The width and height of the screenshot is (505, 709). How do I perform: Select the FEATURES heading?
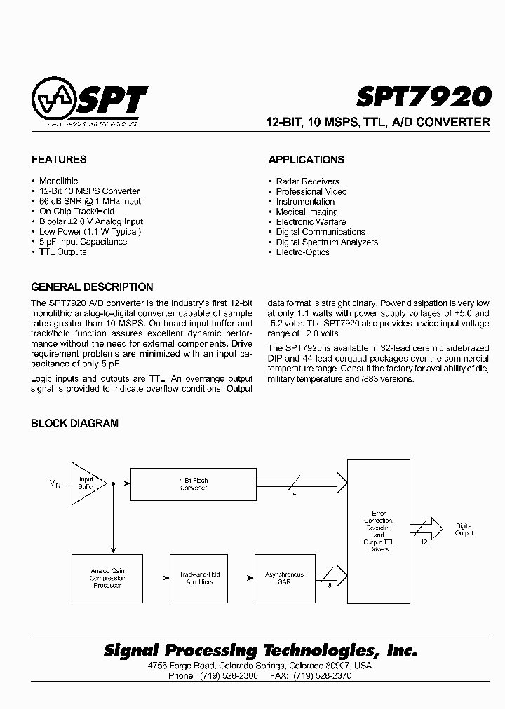[x=59, y=160]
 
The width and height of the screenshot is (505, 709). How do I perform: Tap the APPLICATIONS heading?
[x=307, y=160]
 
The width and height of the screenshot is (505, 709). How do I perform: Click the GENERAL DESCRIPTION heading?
[x=92, y=287]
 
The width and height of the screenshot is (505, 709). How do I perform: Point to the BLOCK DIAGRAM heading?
[x=74, y=423]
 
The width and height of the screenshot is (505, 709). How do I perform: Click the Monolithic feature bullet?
[x=58, y=181]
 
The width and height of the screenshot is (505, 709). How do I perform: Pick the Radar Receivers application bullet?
[x=307, y=181]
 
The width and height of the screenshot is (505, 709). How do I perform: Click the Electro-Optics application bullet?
[x=302, y=252]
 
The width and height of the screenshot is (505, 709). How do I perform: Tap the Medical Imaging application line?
[x=307, y=212]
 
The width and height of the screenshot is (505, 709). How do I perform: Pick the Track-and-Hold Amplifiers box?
[x=200, y=578]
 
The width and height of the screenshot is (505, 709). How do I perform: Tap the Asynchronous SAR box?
[x=284, y=578]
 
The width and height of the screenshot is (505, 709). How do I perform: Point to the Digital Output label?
[x=464, y=529]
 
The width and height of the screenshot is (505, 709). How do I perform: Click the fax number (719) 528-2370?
[x=323, y=676]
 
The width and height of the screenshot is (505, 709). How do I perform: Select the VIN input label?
[x=55, y=483]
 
